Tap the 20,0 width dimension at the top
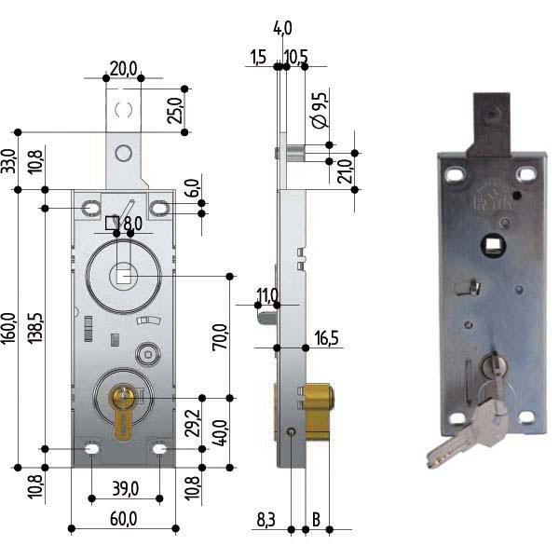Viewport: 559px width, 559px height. pyautogui.click(x=124, y=68)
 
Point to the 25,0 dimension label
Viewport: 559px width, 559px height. pyautogui.click(x=174, y=110)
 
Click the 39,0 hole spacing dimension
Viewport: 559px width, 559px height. pyautogui.click(x=125, y=488)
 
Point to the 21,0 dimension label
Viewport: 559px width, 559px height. pyautogui.click(x=345, y=171)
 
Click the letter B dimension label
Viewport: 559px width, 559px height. pyautogui.click(x=317, y=518)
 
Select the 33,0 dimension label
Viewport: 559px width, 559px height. pyautogui.click(x=9, y=161)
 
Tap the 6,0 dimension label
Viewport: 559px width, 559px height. pyautogui.click(x=193, y=186)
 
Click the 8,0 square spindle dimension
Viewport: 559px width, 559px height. pyautogui.click(x=131, y=224)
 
